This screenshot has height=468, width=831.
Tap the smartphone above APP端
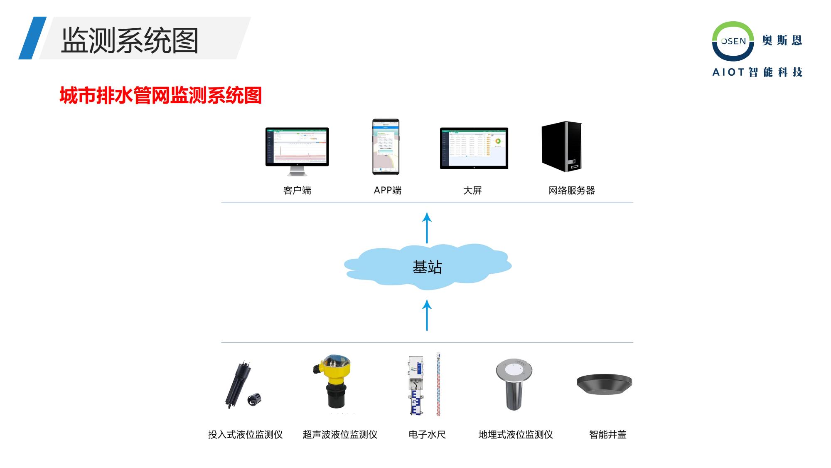click(x=386, y=147)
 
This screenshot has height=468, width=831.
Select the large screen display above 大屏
click(x=474, y=148)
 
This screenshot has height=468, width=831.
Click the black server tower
click(x=561, y=146)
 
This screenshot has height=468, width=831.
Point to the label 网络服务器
click(x=571, y=191)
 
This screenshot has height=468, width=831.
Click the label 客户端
click(x=297, y=191)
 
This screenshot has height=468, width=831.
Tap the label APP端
click(x=387, y=191)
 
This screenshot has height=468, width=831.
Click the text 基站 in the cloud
click(x=427, y=267)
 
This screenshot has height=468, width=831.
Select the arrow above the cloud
click(x=427, y=228)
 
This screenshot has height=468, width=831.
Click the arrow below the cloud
click(x=427, y=315)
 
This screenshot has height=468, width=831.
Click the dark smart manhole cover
click(x=604, y=384)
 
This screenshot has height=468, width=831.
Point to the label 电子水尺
click(x=427, y=435)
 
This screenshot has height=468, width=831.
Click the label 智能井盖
click(x=607, y=435)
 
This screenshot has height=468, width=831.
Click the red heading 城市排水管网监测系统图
click(x=160, y=96)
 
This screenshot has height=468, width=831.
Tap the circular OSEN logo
click(x=733, y=41)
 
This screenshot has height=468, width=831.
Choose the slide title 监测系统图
click(x=130, y=40)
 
